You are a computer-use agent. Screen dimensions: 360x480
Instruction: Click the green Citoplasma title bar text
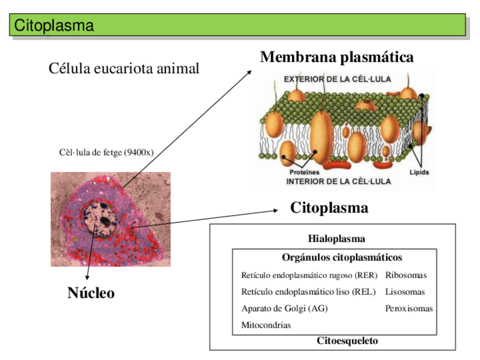coord(54,25)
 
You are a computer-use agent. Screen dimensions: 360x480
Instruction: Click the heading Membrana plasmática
coord(336,57)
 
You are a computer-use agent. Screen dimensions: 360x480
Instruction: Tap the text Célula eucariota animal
coord(124,69)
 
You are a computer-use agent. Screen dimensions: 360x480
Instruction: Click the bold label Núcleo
coord(91,293)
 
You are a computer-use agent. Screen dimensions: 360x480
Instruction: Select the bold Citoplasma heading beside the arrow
coord(329,208)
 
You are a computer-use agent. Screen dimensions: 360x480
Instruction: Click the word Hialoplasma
coord(336,239)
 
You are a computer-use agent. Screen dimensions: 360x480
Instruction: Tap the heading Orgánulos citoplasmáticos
coord(341,258)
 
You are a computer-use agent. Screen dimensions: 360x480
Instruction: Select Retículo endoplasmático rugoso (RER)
coord(309,276)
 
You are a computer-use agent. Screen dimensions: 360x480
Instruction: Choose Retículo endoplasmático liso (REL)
coord(308,292)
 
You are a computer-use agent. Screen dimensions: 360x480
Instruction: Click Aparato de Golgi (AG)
coord(284,308)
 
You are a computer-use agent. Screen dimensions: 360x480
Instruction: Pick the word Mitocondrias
coord(266,325)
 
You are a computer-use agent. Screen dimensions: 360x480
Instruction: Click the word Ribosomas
coord(406,276)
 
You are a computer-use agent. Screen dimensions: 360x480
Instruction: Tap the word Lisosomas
coord(405,292)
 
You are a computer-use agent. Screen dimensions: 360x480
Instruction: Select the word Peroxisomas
coord(409,308)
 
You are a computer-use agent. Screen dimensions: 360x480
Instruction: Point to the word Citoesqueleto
coord(347,341)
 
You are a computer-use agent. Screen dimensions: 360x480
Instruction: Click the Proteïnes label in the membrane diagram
coord(305,172)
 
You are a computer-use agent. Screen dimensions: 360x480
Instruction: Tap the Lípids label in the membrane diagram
coord(419,172)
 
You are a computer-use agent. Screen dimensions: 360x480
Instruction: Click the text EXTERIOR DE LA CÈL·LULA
coord(337,79)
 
